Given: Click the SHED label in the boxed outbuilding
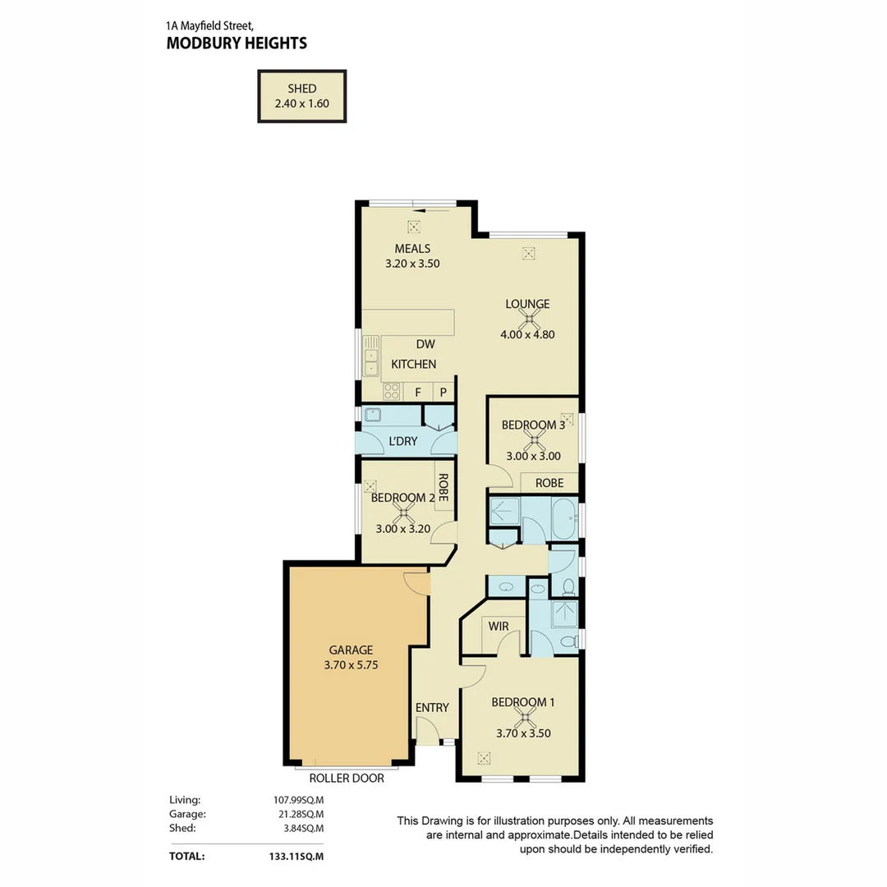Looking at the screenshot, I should tap(301, 89).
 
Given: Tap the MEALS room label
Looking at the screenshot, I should tap(412, 249).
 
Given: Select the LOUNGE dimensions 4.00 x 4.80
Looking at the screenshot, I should tap(527, 334).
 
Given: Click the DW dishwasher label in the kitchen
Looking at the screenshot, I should tap(425, 345).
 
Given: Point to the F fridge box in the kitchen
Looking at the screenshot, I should tap(418, 393).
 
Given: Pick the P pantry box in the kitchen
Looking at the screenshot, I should tap(443, 393).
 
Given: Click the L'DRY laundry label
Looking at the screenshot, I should tap(402, 442).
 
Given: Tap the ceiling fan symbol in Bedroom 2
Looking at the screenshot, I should tap(403, 513).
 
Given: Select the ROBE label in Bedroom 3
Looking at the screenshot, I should tap(549, 483).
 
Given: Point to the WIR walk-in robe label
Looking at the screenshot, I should tap(499, 626).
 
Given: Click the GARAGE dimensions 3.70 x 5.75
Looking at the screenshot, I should tap(351, 666).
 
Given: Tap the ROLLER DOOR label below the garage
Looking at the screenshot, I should tap(346, 779).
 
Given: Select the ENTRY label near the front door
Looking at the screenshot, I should tap(432, 708).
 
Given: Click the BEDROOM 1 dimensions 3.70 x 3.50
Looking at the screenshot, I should tap(523, 733).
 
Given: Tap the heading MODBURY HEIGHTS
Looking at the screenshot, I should tap(237, 43).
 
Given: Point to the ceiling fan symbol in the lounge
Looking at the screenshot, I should tap(527, 319).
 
